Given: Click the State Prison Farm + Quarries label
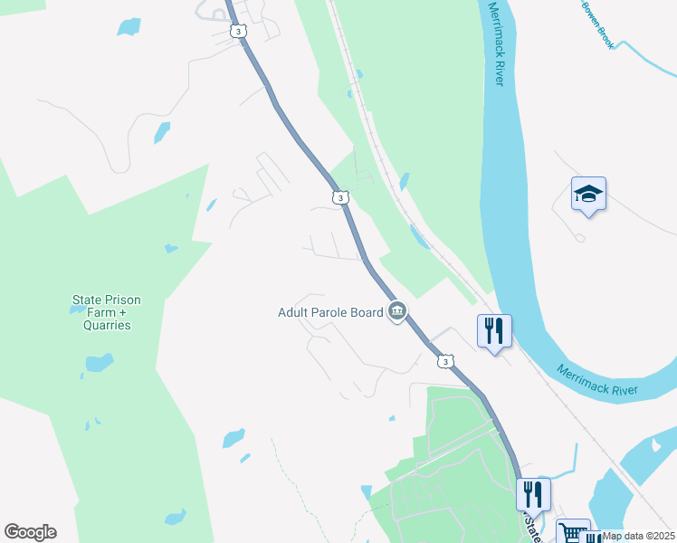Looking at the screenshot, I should tap(107, 312).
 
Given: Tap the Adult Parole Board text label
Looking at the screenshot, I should tap(330, 313).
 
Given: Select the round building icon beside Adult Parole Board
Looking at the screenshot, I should tap(396, 313).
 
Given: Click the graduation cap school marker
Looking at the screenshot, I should tap(587, 194).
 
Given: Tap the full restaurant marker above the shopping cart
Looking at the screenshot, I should tap(533, 494).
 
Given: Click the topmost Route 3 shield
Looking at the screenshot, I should tap(237, 32).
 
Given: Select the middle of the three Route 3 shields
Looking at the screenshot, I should tap(338, 196).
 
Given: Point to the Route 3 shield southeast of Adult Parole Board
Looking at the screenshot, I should tap(444, 361).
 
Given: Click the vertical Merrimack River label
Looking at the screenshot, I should tap(496, 43).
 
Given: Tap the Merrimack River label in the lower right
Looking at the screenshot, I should tap(596, 381).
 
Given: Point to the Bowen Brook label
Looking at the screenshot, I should tap(600, 20).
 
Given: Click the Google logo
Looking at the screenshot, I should tap(30, 532).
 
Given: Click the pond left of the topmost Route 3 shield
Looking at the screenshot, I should tap(129, 26).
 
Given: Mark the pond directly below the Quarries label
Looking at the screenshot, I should tap(99, 364).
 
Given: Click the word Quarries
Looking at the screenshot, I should tap(107, 325).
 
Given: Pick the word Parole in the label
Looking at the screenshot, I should tap(331, 313).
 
